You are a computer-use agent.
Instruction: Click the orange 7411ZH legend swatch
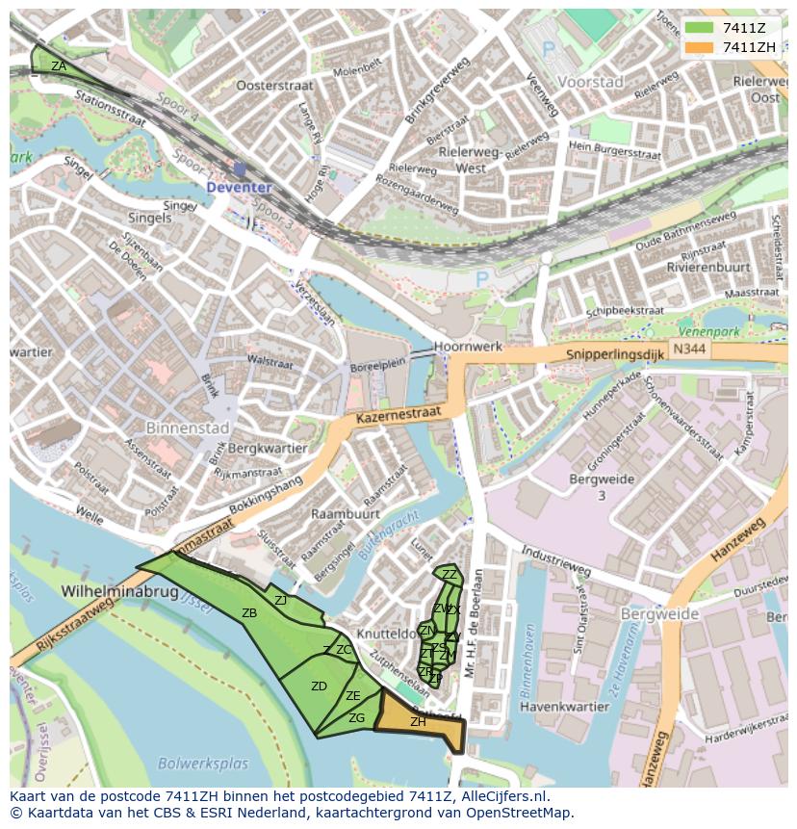tap(700, 47)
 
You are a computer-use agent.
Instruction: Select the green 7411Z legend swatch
tap(700, 28)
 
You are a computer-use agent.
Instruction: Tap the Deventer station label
tap(238, 187)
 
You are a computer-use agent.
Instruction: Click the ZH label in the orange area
tap(418, 722)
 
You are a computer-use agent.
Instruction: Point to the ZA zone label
tap(59, 66)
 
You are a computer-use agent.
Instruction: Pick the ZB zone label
tap(249, 613)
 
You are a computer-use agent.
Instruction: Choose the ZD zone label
tap(319, 687)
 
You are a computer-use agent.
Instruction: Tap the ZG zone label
tap(356, 718)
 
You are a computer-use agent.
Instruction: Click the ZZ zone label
tap(449, 575)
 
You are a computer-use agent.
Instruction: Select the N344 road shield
tap(687, 348)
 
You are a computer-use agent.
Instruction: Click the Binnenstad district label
tap(187, 427)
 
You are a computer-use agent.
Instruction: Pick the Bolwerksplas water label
tap(203, 764)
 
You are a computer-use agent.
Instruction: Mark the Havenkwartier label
tap(564, 706)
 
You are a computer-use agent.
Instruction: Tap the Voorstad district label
tap(591, 82)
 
